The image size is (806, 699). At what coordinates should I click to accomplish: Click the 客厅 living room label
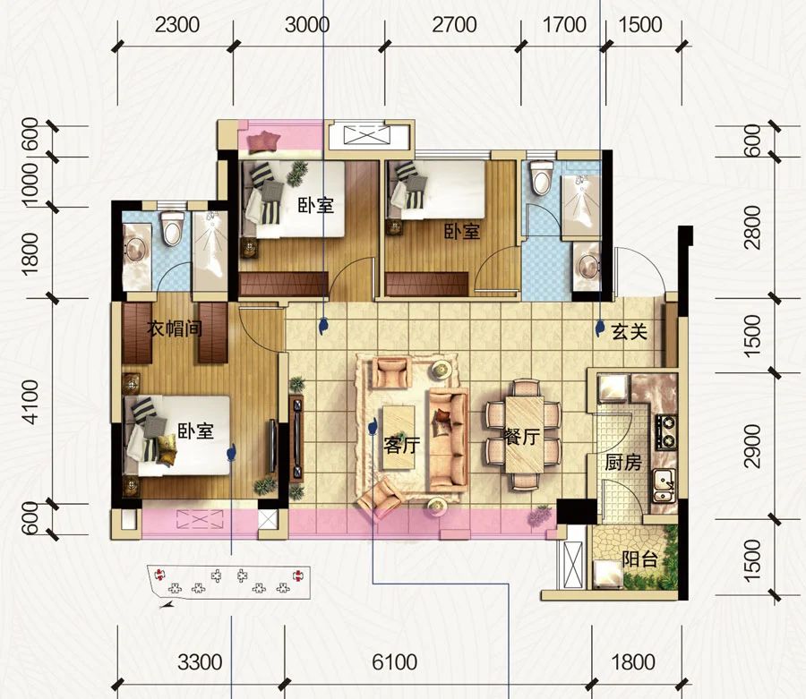point(401,445)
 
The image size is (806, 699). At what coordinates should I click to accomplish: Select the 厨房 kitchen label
point(623,463)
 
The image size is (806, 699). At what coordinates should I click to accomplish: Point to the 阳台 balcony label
point(639,558)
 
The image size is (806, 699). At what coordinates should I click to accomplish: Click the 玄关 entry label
point(630,332)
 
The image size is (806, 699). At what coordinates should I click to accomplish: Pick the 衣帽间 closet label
point(175,328)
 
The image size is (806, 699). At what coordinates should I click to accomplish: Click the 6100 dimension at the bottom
point(394,662)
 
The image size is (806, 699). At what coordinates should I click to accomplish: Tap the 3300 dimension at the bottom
point(200,662)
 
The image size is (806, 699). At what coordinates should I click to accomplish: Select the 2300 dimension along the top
point(176,25)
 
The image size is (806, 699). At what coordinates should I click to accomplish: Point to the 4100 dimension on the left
point(30,402)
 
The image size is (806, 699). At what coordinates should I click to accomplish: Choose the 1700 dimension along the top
point(564,25)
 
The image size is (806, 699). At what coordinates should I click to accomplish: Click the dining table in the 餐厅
point(524,434)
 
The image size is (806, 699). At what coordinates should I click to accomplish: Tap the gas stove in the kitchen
point(665,430)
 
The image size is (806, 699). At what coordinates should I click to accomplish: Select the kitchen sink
point(664,486)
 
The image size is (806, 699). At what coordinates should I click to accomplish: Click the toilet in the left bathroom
point(172,228)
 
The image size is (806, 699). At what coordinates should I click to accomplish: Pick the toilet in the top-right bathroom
point(540,178)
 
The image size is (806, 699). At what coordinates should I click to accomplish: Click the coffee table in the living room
point(399,437)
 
